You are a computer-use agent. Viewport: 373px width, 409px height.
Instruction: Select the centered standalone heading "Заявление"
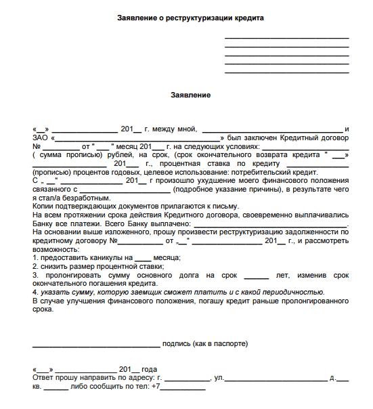click(x=190, y=95)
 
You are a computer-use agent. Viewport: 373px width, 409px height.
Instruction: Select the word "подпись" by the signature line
click(x=177, y=344)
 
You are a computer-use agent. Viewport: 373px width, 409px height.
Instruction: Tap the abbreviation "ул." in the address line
click(x=219, y=378)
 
